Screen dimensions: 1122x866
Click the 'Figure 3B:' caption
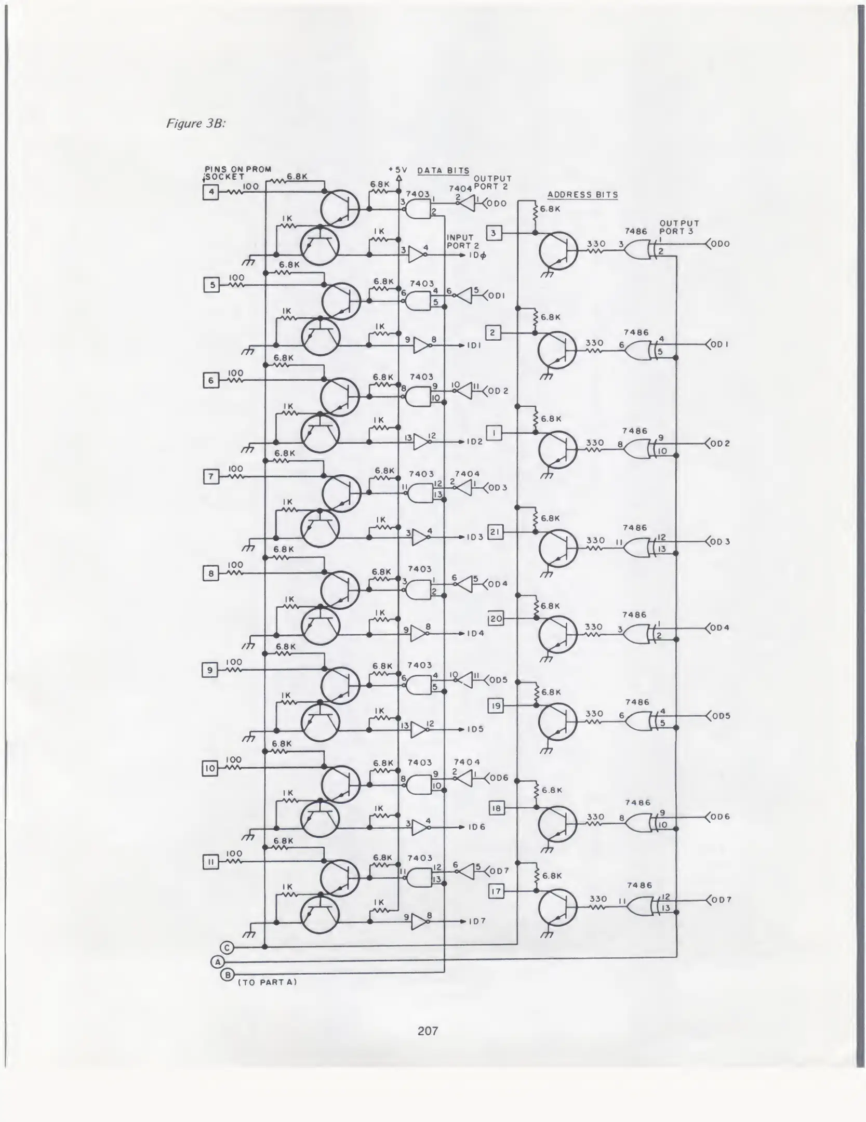[x=196, y=124]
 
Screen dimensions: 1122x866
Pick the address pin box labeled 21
[x=496, y=532]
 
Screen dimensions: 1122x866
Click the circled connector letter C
[x=227, y=947]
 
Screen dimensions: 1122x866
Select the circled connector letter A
[x=217, y=961]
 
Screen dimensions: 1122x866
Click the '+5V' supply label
[x=398, y=170]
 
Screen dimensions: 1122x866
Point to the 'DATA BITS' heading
[x=443, y=170]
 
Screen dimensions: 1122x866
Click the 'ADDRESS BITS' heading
[x=582, y=195]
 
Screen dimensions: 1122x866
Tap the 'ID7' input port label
[x=477, y=921]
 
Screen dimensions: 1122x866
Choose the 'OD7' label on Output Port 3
[x=722, y=900]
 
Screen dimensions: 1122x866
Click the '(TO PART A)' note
[x=267, y=982]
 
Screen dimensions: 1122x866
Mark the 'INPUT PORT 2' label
[x=462, y=242]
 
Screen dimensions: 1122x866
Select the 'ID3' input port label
[x=475, y=537]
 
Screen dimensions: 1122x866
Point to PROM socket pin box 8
[x=210, y=574]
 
